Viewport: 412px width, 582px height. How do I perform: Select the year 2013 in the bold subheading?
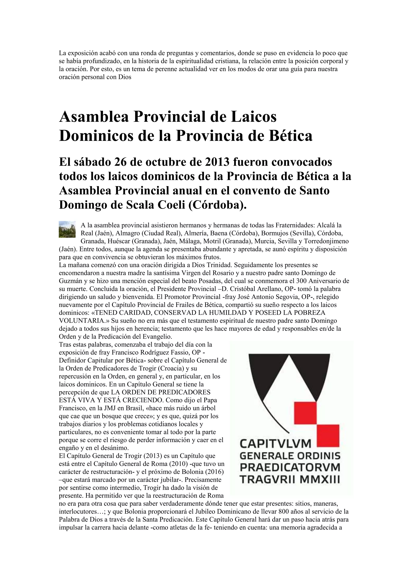217,162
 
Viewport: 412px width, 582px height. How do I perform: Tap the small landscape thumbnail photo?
67,229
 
